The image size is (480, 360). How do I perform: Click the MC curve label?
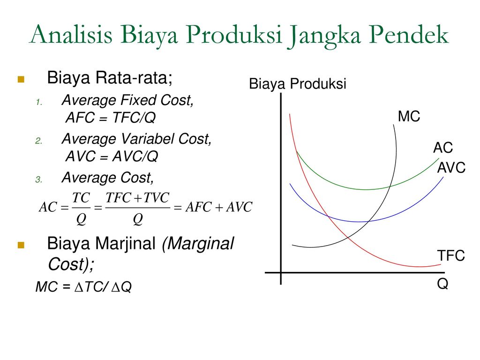(x=409, y=117)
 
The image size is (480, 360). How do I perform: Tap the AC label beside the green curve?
(x=443, y=148)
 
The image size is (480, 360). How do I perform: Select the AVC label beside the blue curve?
(x=451, y=168)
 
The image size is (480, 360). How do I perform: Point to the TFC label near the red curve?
(x=451, y=255)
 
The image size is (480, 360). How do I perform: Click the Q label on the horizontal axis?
(x=442, y=284)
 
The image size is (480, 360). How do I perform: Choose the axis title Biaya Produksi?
(x=298, y=84)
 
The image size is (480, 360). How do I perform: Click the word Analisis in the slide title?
(x=71, y=34)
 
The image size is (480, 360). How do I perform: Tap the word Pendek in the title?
(x=409, y=34)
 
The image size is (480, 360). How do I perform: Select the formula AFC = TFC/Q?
(x=111, y=118)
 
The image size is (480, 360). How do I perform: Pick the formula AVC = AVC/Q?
(x=112, y=157)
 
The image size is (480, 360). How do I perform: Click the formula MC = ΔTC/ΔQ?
(x=83, y=287)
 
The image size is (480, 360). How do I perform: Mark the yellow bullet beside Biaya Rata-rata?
(x=21, y=80)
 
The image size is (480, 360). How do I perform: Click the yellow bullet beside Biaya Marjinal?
(x=21, y=245)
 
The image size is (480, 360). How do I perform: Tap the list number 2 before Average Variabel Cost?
(x=38, y=141)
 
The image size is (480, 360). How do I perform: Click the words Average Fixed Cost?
(x=127, y=100)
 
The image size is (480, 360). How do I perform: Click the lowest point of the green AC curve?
(x=366, y=189)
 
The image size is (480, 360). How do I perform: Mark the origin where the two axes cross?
(x=281, y=272)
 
